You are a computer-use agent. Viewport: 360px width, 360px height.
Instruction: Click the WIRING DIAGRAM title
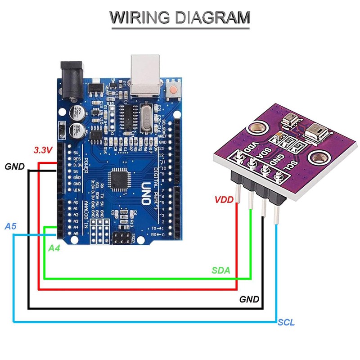[x=180, y=18]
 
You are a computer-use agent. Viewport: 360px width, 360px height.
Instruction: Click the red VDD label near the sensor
[x=224, y=199]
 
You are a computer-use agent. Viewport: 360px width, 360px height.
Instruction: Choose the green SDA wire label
[x=221, y=270]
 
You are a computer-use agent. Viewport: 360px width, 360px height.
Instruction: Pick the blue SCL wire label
[x=286, y=323]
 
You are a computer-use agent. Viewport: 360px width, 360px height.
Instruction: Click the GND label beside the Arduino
[x=15, y=167]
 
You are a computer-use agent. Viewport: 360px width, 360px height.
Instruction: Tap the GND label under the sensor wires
[x=249, y=299]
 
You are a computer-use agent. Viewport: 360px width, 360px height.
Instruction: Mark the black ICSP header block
[x=123, y=237]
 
